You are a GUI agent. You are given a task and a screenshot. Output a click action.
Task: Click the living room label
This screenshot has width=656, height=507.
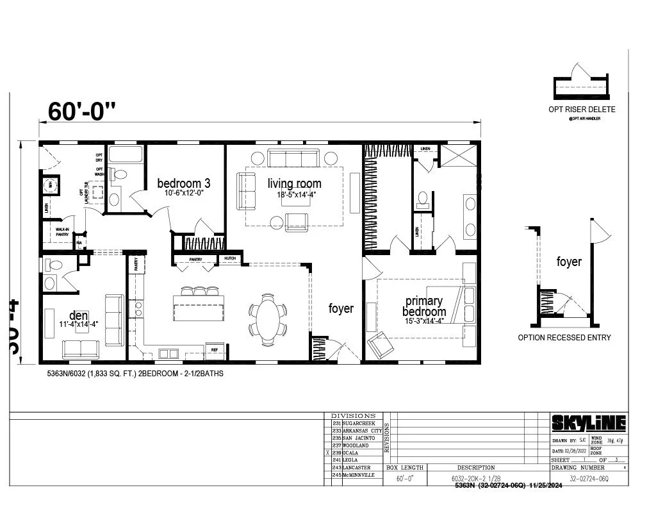click(294, 184)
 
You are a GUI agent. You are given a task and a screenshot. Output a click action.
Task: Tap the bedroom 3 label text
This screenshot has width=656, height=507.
click(184, 183)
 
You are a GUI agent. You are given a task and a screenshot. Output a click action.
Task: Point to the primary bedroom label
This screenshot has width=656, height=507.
click(423, 306)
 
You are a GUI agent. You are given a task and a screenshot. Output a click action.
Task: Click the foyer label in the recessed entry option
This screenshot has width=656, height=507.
click(569, 262)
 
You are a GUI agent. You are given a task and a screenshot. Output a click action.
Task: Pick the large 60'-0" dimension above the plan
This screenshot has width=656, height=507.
click(82, 112)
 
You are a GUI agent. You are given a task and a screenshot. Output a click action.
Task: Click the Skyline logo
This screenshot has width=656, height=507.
click(589, 424)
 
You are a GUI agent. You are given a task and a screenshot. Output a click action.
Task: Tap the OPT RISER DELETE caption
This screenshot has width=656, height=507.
click(582, 110)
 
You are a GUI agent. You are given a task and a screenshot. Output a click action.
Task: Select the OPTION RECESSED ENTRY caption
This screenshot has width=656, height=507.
click(564, 338)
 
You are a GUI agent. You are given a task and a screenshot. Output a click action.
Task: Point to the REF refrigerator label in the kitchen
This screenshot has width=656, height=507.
click(215, 349)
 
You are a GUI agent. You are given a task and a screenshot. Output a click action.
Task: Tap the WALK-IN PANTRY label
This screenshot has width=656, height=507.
click(62, 232)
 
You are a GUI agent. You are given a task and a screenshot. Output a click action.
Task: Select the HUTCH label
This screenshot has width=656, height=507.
click(230, 259)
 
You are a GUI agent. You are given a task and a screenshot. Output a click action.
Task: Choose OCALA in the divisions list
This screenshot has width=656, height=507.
click(350, 453)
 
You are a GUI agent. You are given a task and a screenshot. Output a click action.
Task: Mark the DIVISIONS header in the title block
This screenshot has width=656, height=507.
click(353, 416)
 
